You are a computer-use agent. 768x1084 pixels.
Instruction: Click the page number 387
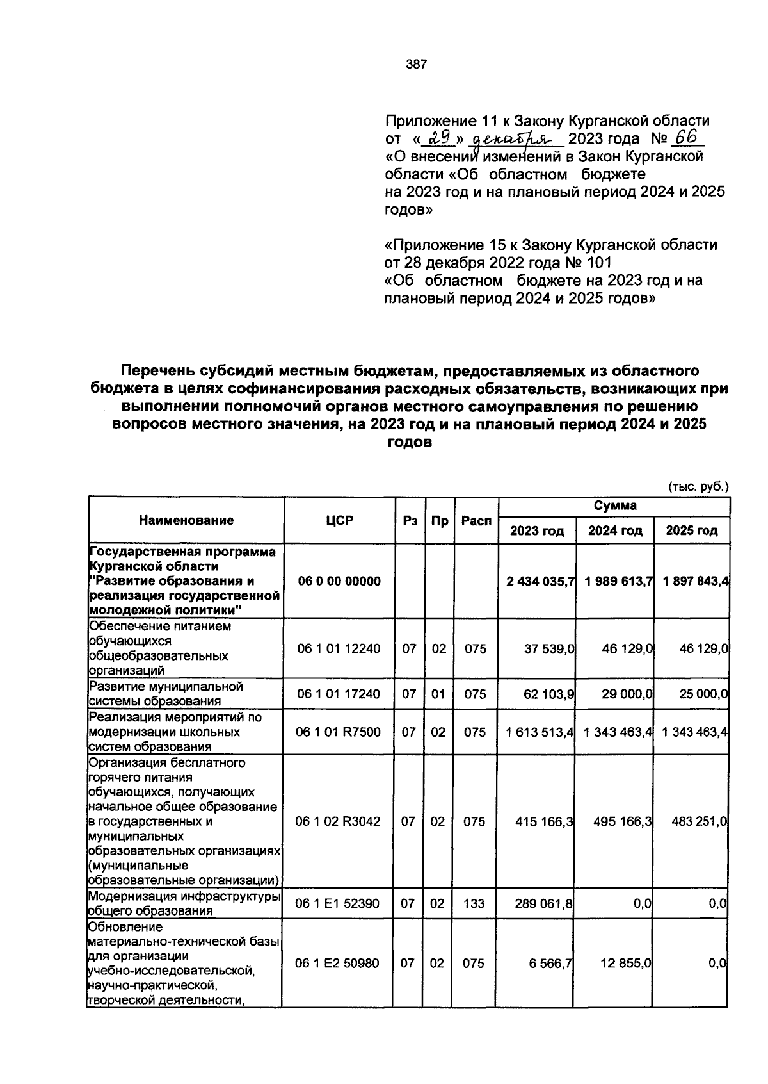point(416,64)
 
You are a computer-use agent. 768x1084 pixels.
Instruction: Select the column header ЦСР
point(339,521)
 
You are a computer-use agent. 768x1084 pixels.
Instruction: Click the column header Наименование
point(186,521)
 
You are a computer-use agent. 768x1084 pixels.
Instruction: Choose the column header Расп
point(476,521)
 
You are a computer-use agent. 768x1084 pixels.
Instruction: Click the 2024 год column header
point(615,530)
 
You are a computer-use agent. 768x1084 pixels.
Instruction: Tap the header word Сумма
point(614,506)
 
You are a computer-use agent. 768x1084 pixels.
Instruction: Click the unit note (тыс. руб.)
point(698,486)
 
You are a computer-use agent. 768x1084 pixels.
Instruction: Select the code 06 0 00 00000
point(339,581)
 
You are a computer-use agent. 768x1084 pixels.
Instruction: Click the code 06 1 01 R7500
point(339,732)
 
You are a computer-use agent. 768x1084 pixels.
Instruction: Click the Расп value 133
point(475,904)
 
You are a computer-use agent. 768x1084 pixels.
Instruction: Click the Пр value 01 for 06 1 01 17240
point(438,694)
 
